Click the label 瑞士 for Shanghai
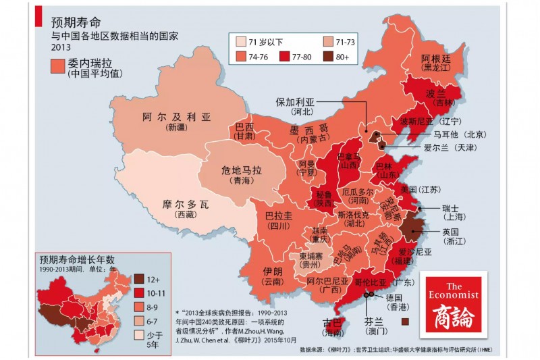click(450, 207)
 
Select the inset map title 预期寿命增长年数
click(77, 259)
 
